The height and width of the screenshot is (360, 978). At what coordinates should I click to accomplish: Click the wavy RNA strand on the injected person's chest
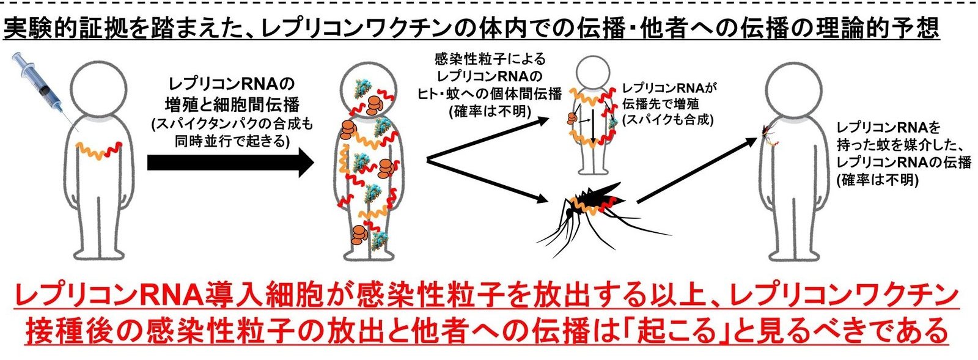tap(98, 149)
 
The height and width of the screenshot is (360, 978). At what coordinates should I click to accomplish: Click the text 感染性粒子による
tap(489, 60)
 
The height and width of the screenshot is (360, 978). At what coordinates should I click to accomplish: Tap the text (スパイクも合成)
tap(667, 120)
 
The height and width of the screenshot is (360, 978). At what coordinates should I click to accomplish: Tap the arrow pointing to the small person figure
tap(489, 141)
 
